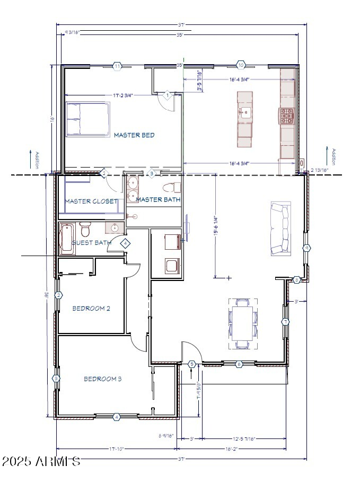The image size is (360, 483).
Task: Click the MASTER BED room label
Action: pos(134,135)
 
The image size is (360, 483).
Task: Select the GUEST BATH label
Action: pos(91,243)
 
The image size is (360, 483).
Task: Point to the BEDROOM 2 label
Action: pos(91,308)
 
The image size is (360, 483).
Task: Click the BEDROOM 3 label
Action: pos(103,379)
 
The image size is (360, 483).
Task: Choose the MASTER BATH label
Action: pos(158,200)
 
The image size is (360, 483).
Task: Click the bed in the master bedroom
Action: pos(87,119)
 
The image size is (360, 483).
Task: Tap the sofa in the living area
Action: pos(280,229)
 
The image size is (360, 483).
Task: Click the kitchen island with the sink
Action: pos(244,119)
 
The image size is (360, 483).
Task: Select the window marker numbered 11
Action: pos(117,66)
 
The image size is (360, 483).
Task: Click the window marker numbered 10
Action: pos(241,65)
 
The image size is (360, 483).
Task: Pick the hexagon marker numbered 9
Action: pos(306,248)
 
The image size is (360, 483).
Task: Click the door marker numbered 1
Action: pos(167,95)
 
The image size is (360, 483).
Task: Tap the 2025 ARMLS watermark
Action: pos(41,461)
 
